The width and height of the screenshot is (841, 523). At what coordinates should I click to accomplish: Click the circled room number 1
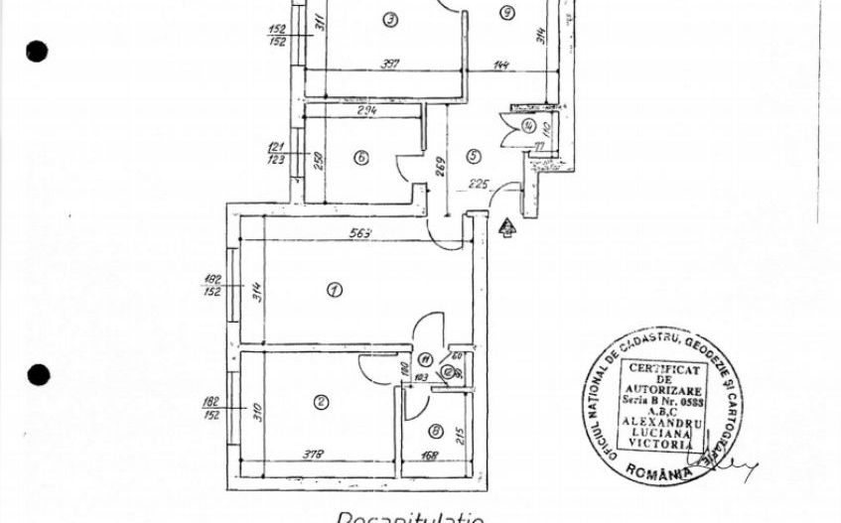tap(335, 290)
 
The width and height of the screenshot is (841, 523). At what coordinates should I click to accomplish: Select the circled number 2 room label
tap(321, 402)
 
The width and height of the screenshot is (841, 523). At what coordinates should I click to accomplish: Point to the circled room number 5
tap(473, 156)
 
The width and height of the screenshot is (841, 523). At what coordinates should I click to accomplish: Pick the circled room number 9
tap(506, 13)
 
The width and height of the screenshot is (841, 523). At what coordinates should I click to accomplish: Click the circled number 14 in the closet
tap(529, 126)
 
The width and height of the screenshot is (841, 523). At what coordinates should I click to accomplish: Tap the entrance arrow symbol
tap(506, 229)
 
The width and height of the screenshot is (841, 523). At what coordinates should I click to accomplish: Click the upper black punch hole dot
tap(37, 51)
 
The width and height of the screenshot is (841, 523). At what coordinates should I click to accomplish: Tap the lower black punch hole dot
tap(38, 375)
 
